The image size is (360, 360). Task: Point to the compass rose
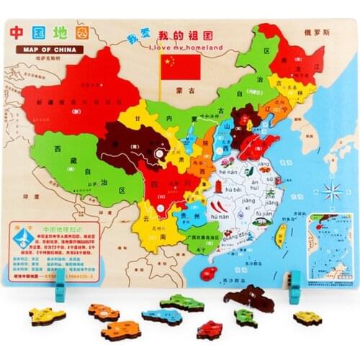(x=333, y=192)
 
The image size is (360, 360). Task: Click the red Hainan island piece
(x=210, y=273)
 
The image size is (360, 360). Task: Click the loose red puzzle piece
(x=210, y=330)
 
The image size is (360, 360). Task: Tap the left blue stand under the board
(x=60, y=292)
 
